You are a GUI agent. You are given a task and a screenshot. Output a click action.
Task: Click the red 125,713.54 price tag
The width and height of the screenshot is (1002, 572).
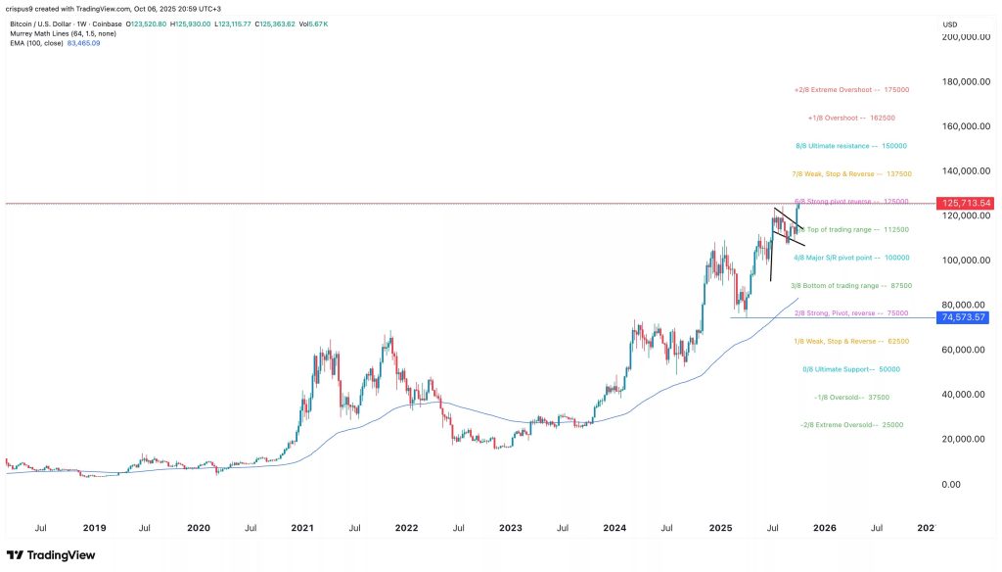click(x=966, y=203)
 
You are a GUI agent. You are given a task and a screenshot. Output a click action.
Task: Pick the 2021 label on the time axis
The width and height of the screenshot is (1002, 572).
click(x=302, y=527)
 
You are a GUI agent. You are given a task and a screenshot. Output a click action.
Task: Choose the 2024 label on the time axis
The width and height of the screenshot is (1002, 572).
click(x=615, y=527)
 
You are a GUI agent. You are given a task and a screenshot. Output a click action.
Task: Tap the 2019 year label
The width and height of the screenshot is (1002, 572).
click(x=94, y=527)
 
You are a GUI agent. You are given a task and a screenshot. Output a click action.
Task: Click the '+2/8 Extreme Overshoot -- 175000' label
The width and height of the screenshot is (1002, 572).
click(x=851, y=90)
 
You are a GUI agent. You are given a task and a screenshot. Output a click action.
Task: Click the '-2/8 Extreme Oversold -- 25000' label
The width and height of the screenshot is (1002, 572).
click(x=853, y=425)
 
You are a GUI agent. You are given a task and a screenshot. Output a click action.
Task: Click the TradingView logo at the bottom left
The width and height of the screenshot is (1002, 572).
click(x=48, y=555)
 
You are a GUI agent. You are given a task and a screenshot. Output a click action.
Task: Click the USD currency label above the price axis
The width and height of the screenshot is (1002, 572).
click(x=949, y=24)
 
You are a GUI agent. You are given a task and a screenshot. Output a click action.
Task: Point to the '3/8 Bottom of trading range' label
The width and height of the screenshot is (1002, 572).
click(x=853, y=286)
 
